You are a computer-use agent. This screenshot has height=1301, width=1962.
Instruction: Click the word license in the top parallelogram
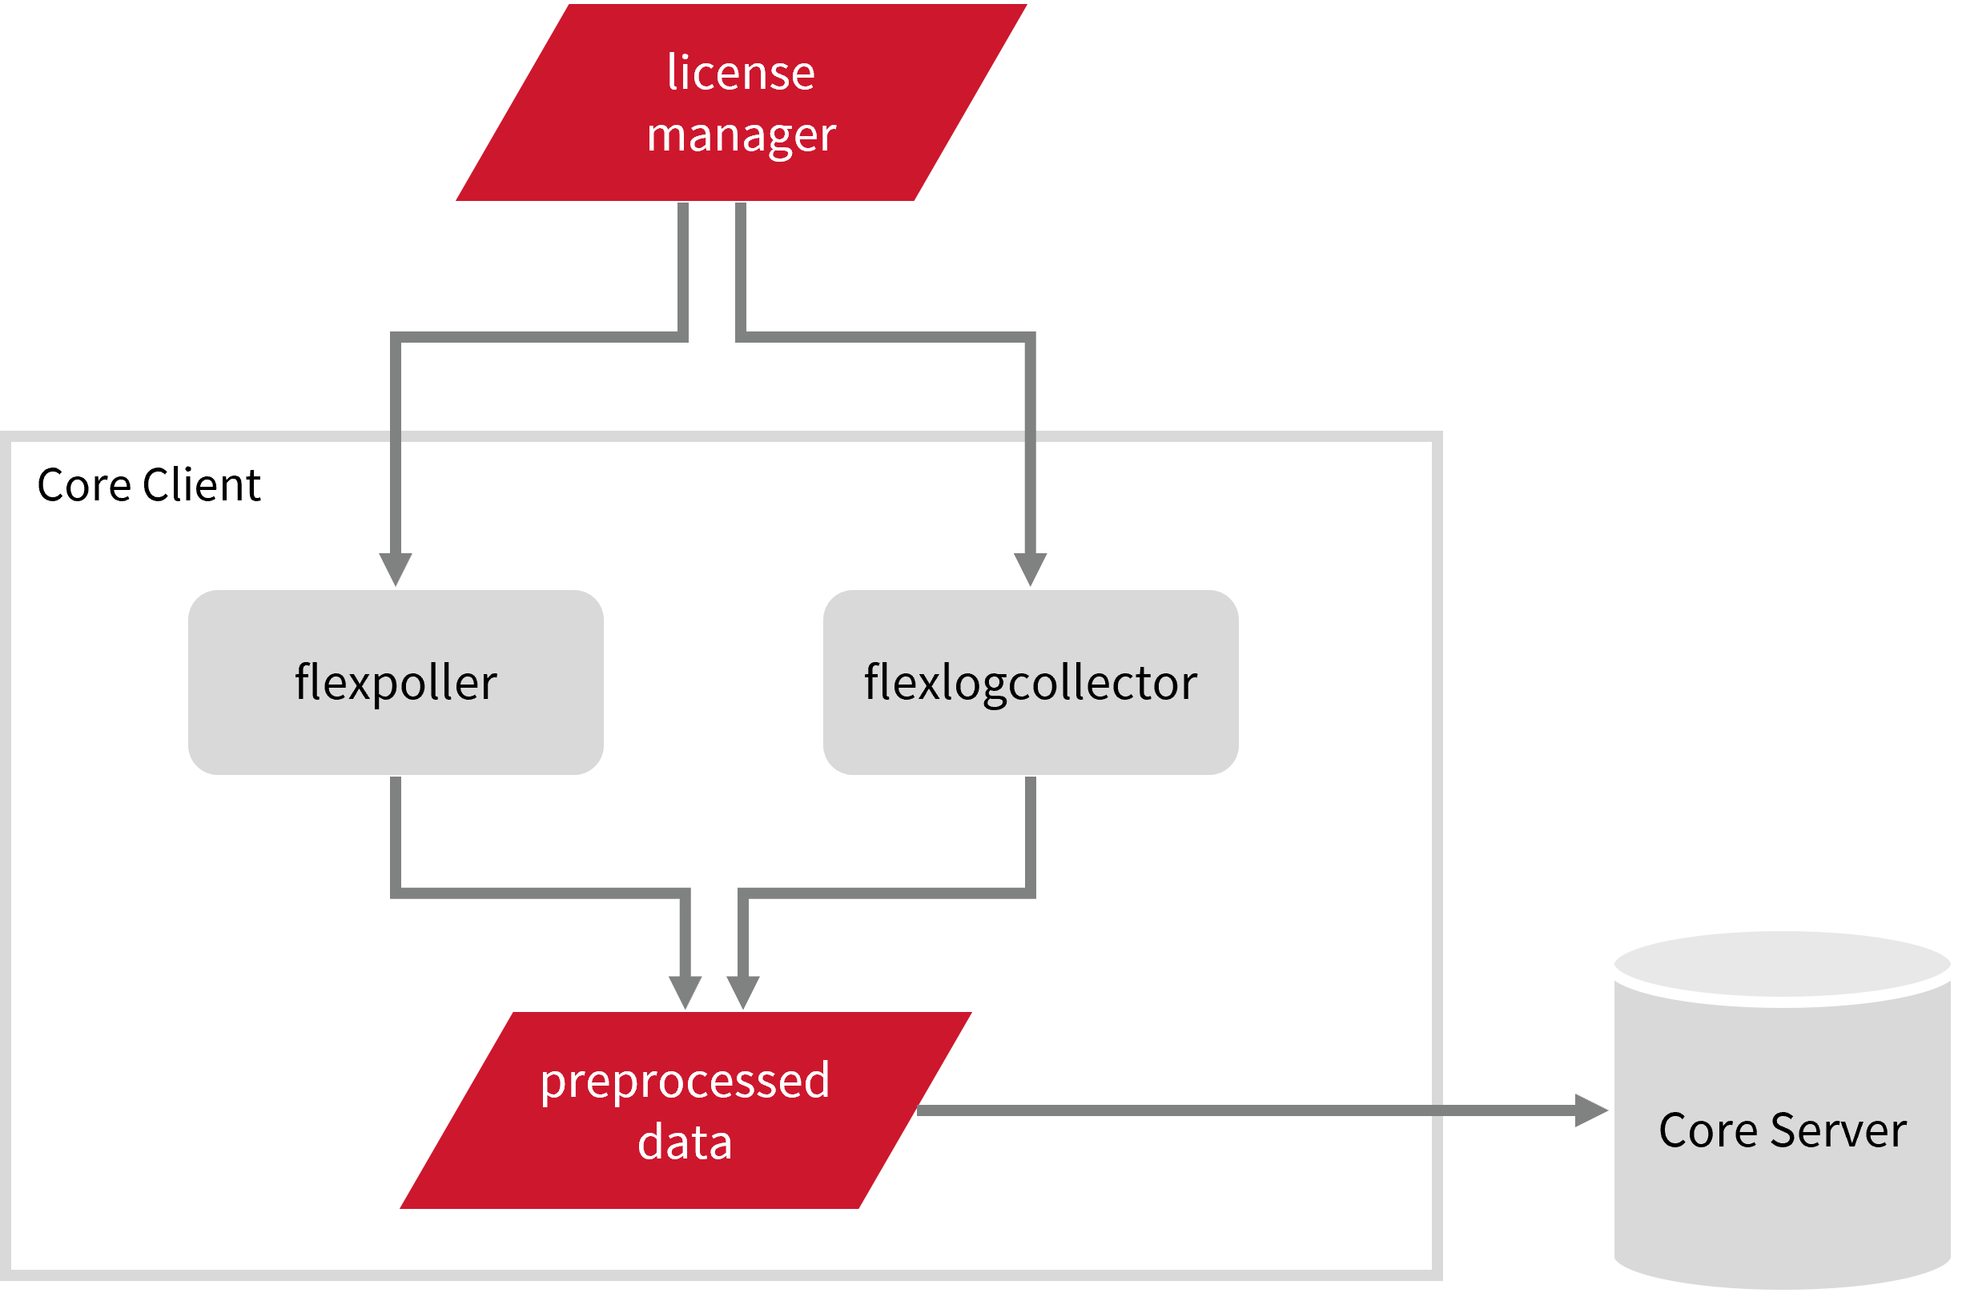click(740, 73)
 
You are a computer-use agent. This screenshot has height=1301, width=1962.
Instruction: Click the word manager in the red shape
click(740, 135)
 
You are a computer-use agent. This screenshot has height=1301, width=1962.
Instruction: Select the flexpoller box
click(396, 682)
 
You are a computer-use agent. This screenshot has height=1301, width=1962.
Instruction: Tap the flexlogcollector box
click(1030, 682)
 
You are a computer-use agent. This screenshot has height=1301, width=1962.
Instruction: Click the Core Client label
click(149, 485)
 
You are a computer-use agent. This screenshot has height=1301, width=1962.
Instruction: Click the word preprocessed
click(685, 1081)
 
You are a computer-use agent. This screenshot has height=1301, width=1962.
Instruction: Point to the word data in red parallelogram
click(685, 1142)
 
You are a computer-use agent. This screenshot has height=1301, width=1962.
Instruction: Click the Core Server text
click(1783, 1131)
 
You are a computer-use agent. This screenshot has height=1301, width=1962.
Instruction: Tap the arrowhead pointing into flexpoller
click(396, 568)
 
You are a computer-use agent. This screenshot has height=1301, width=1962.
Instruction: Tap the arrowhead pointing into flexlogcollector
click(1030, 568)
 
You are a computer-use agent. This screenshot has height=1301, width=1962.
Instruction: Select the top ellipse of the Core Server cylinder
click(1783, 964)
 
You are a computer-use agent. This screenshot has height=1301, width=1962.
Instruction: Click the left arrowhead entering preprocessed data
click(685, 991)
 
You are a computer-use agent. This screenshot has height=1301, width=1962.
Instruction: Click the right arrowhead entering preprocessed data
click(743, 991)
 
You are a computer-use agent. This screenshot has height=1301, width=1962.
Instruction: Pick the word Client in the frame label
click(201, 485)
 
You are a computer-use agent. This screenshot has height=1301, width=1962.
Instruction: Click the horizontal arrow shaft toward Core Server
click(1245, 1110)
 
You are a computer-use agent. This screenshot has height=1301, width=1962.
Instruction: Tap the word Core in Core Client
click(84, 485)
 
